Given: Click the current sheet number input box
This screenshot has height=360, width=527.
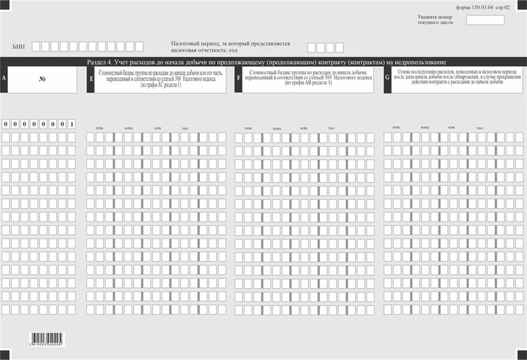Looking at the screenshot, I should (485, 20).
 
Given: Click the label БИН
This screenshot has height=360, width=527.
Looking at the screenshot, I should (19, 47).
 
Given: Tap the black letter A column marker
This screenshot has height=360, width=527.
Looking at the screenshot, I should (4, 80).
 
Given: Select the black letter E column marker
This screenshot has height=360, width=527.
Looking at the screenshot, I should (91, 80).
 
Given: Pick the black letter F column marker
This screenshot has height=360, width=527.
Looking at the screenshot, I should (239, 80).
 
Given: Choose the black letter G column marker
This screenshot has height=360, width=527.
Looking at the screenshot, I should (387, 80).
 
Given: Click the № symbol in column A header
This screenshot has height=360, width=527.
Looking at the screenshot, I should (42, 80).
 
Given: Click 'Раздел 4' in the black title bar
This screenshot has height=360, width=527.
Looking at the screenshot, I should (101, 62).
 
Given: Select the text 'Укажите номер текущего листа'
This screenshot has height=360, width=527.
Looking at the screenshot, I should (434, 20).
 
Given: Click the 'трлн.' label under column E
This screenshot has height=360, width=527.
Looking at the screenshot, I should (99, 129).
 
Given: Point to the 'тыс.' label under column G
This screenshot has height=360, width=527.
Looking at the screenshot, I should (480, 129).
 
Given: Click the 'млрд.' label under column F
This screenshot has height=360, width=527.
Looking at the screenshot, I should (276, 129).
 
